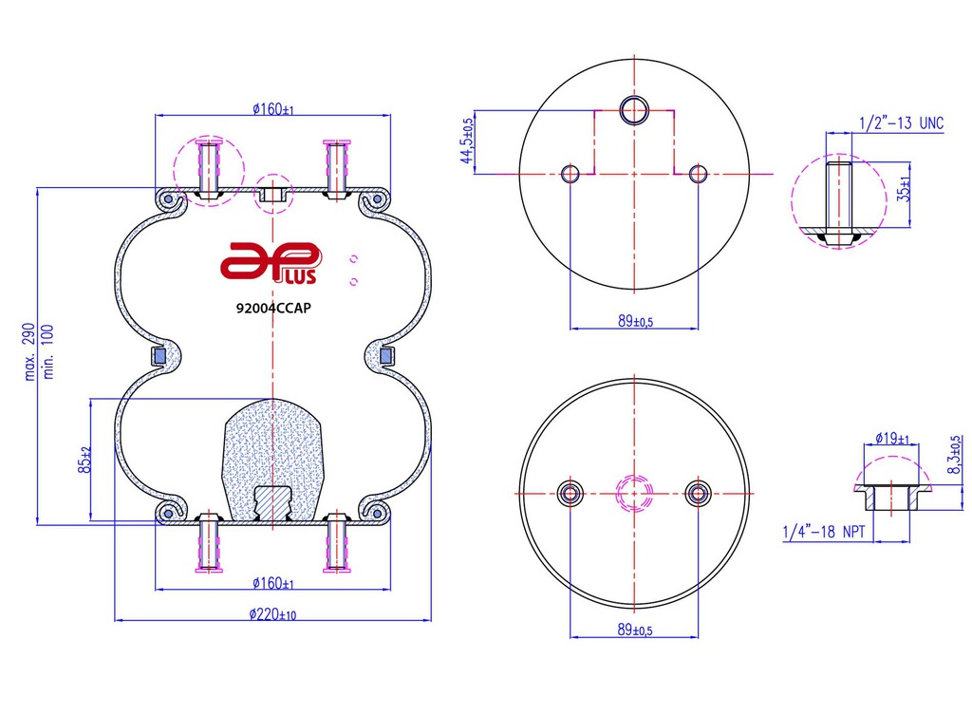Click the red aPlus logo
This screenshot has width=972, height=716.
click(271, 263)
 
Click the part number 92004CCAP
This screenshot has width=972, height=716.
click(273, 308)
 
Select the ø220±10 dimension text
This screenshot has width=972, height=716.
click(272, 614)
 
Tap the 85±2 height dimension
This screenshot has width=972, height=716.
click(84, 460)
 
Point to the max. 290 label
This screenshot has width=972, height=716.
click(29, 351)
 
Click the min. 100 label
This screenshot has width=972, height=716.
click(48, 351)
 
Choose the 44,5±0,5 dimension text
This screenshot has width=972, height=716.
click(467, 141)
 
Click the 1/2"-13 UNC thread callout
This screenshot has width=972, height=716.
click(902, 122)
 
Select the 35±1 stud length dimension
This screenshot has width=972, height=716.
click(904, 189)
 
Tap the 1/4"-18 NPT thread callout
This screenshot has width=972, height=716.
click(824, 531)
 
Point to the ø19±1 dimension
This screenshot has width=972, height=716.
click(892, 439)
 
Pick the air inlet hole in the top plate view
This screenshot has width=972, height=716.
click(634, 111)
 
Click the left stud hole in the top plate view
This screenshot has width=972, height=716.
click(570, 174)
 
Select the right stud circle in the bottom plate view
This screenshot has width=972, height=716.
click(698, 494)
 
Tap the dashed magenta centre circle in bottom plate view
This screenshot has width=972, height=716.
click(634, 494)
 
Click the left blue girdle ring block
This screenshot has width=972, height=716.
click(159, 356)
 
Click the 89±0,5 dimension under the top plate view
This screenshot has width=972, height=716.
click(635, 321)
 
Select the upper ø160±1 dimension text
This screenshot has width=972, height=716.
click(272, 110)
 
